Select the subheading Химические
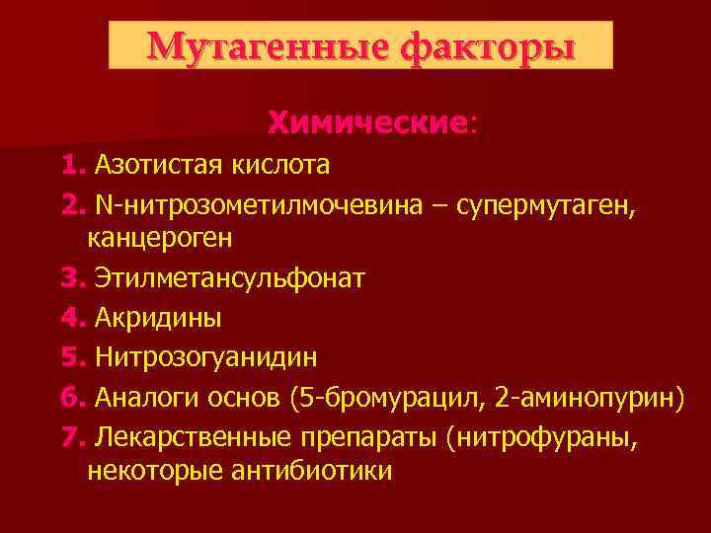(x=368, y=123)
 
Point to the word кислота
(x=281, y=163)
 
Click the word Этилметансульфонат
(x=230, y=279)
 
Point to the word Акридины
(x=158, y=318)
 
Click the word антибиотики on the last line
(x=316, y=471)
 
